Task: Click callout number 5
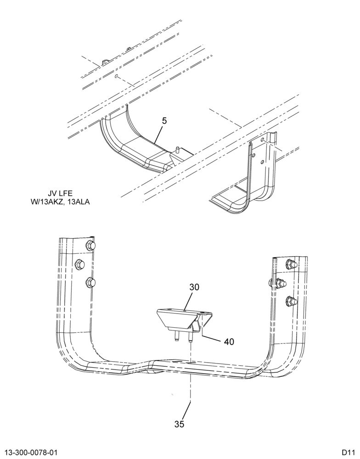(x=164, y=121)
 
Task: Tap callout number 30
(x=194, y=287)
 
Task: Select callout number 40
(x=229, y=341)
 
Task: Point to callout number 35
(x=179, y=424)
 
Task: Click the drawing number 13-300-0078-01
(x=29, y=453)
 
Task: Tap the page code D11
(x=348, y=453)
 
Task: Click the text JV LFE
(x=60, y=193)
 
